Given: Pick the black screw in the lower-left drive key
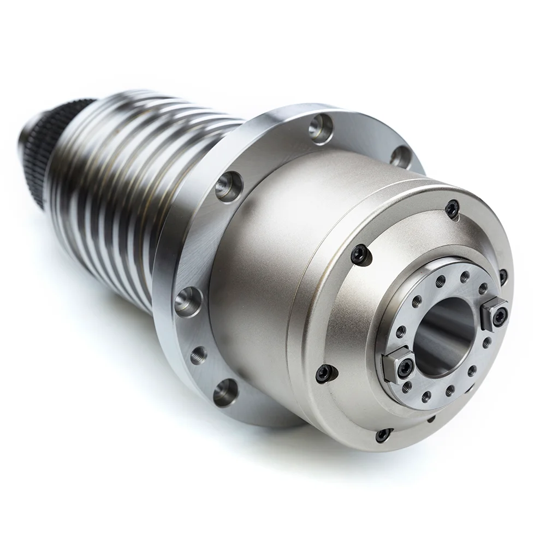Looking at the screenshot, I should [405, 369].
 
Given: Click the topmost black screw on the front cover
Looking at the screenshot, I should [452, 208].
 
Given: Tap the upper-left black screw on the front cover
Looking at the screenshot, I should [360, 253].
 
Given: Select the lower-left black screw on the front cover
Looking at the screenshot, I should [325, 373].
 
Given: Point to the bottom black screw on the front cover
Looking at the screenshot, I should [383, 435].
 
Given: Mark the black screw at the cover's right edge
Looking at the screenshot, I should [503, 276].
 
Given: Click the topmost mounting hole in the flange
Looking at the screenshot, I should [321, 128].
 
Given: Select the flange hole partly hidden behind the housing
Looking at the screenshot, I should [400, 157].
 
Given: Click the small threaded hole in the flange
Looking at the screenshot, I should [198, 355].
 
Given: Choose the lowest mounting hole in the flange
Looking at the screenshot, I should [225, 393].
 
